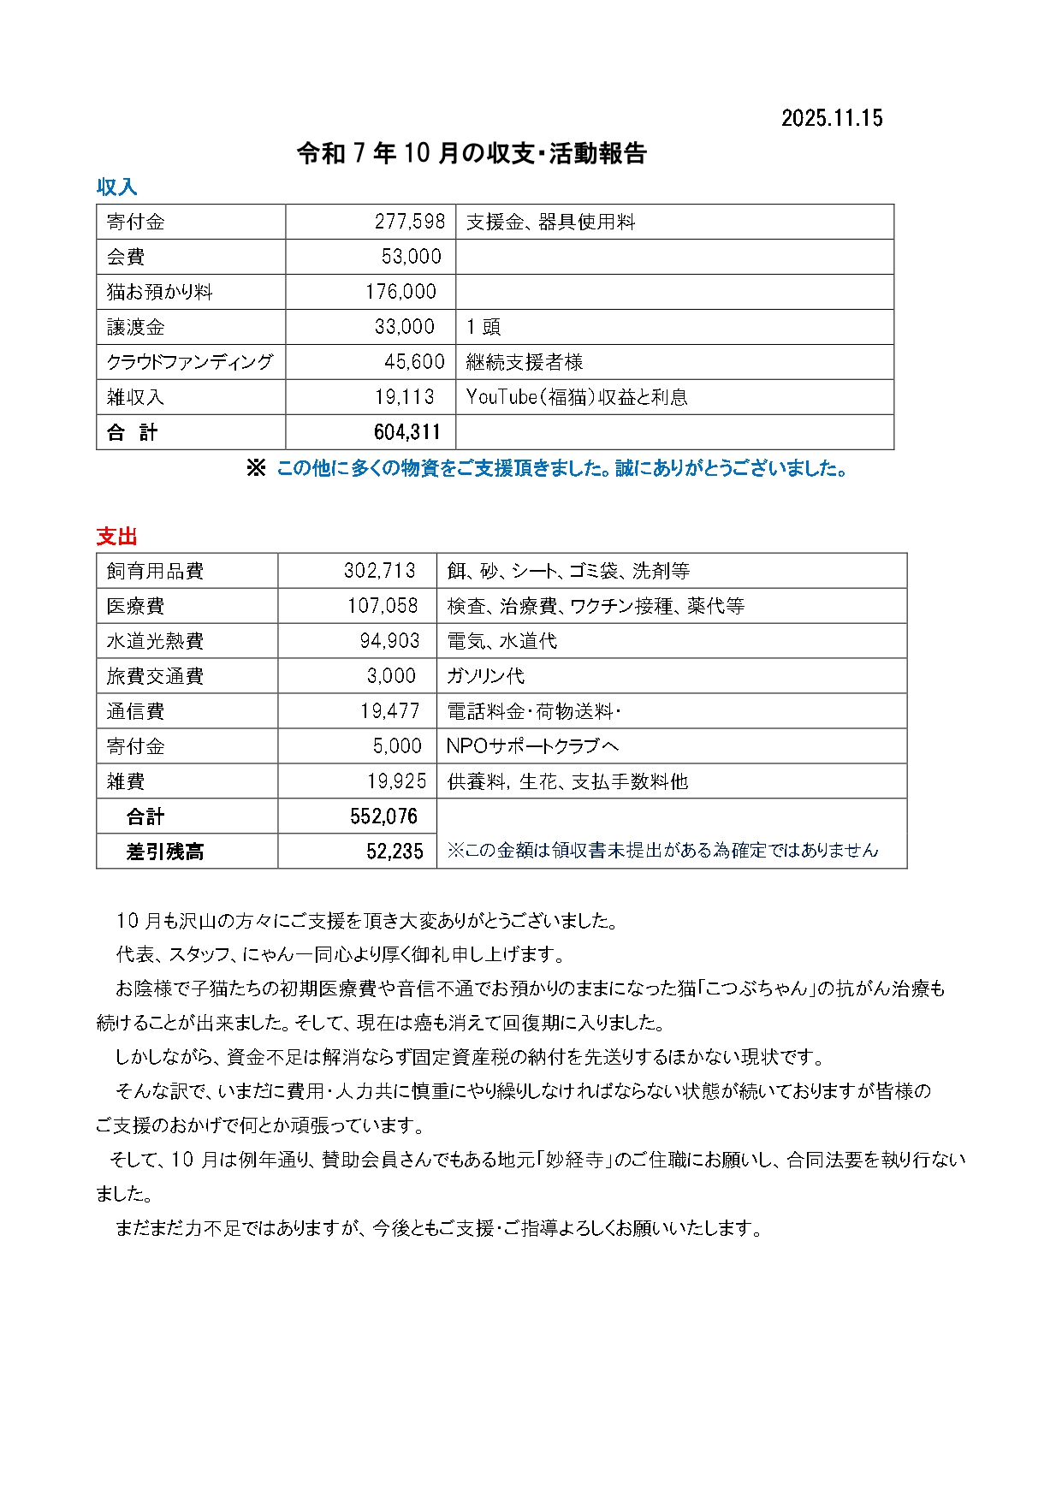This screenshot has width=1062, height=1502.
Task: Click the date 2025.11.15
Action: (831, 118)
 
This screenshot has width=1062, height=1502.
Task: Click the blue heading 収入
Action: (116, 187)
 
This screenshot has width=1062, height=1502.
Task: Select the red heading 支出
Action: (116, 537)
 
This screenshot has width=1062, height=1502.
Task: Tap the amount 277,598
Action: (410, 222)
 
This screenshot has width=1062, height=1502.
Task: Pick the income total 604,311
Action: (406, 432)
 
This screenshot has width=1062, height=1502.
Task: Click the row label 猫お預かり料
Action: (159, 292)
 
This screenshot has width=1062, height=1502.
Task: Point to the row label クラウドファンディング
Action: (189, 362)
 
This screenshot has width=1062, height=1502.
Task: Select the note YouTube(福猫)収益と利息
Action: (576, 397)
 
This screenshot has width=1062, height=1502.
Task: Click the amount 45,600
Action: (414, 362)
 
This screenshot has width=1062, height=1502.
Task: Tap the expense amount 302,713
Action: (379, 571)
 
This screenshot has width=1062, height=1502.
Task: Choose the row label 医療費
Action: (135, 606)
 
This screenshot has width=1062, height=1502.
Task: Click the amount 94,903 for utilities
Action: (389, 641)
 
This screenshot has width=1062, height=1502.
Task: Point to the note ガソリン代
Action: (485, 676)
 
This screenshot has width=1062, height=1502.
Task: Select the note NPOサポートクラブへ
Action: (532, 746)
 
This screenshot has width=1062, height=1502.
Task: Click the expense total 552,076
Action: (383, 816)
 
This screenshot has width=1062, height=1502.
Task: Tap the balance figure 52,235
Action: (395, 852)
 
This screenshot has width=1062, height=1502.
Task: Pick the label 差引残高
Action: (165, 852)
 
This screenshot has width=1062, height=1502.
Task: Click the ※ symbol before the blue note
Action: (256, 468)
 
